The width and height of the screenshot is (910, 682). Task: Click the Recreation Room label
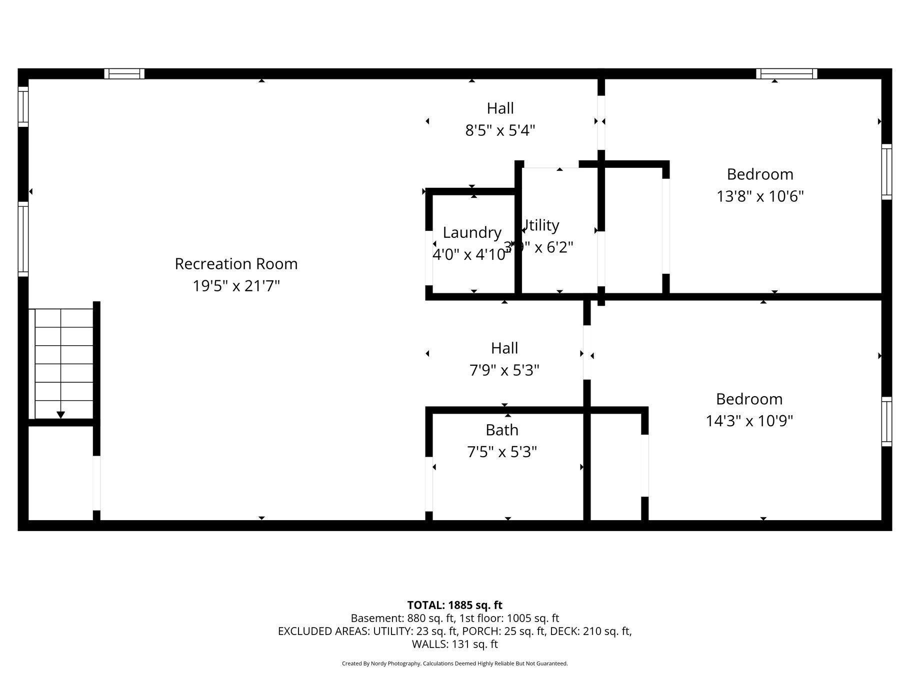pos(236,264)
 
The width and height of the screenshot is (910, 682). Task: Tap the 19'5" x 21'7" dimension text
pos(236,286)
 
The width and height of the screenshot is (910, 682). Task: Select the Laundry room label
pos(472,232)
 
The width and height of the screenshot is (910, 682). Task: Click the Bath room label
pos(501,430)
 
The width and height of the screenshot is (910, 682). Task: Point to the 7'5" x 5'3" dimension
pos(501,452)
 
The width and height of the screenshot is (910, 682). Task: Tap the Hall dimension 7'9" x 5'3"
pos(504,370)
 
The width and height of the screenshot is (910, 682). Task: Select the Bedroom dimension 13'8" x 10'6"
pos(759,196)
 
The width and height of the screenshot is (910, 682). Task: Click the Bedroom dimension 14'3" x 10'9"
pos(749,421)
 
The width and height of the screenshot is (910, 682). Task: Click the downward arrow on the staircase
pos(60,414)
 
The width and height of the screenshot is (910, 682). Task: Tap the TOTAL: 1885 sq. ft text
pos(454,605)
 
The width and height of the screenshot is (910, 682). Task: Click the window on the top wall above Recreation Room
pos(124,74)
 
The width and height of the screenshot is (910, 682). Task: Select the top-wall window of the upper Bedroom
pos(786,74)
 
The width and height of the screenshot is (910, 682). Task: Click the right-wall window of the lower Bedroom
pos(886,421)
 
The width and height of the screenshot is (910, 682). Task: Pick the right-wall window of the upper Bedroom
pos(886,171)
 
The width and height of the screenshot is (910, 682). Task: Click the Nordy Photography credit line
pos(454,664)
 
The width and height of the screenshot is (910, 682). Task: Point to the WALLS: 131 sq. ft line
pos(454,644)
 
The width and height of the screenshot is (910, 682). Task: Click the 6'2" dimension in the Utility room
pos(560,247)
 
